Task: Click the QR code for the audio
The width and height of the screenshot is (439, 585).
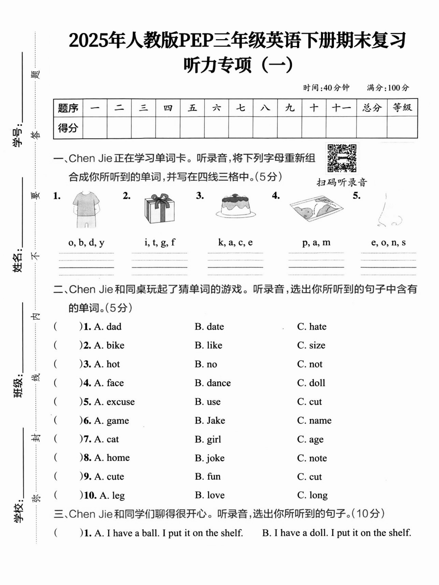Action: pos(342,158)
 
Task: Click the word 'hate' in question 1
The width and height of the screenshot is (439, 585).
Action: pos(318,327)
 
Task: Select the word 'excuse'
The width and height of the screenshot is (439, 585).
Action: pos(121,402)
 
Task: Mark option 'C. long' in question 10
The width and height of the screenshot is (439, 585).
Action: pos(312,495)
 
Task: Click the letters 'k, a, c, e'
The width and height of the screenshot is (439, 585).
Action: pos(235,242)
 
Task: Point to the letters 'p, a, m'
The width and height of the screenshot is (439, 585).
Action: pos(316,242)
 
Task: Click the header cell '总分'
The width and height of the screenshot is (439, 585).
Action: pos(372,108)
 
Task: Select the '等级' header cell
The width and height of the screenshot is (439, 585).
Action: pos(402,108)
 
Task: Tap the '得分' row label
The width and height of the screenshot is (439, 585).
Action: pos(68,128)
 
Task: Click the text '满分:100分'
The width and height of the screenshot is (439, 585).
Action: pos(388,88)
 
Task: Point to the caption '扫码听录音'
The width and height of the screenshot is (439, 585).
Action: pos(342,182)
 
